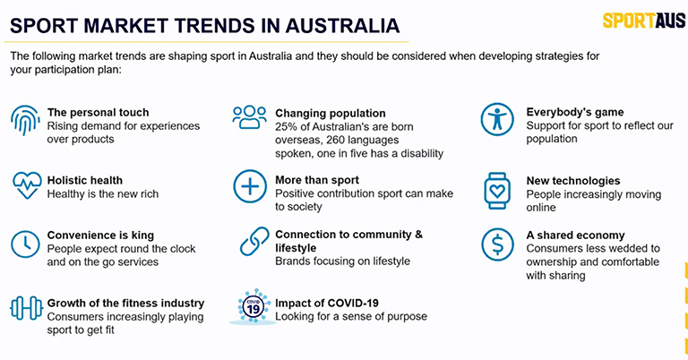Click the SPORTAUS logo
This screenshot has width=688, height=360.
(644, 21)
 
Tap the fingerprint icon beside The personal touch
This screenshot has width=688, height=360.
(25, 120)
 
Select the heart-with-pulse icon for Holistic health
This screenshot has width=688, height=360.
(27, 185)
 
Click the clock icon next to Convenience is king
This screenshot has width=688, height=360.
(25, 244)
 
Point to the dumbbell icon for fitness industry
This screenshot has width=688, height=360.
(26, 308)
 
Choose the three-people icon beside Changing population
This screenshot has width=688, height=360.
(250, 117)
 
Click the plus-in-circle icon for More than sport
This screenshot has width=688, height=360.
(250, 186)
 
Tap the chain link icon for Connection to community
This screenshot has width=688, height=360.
(254, 241)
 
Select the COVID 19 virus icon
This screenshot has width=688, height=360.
(254, 307)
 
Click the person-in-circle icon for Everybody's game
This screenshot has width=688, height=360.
(497, 119)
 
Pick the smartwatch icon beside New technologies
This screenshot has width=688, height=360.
(497, 191)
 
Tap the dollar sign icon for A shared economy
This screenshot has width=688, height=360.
(497, 244)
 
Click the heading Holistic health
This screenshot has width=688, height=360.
(85, 180)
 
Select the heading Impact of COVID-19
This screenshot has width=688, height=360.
(327, 303)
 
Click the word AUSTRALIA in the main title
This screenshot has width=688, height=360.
(343, 25)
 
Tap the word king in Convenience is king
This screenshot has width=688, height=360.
(142, 236)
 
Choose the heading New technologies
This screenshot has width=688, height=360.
(573, 181)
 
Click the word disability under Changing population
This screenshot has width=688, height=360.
(422, 153)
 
